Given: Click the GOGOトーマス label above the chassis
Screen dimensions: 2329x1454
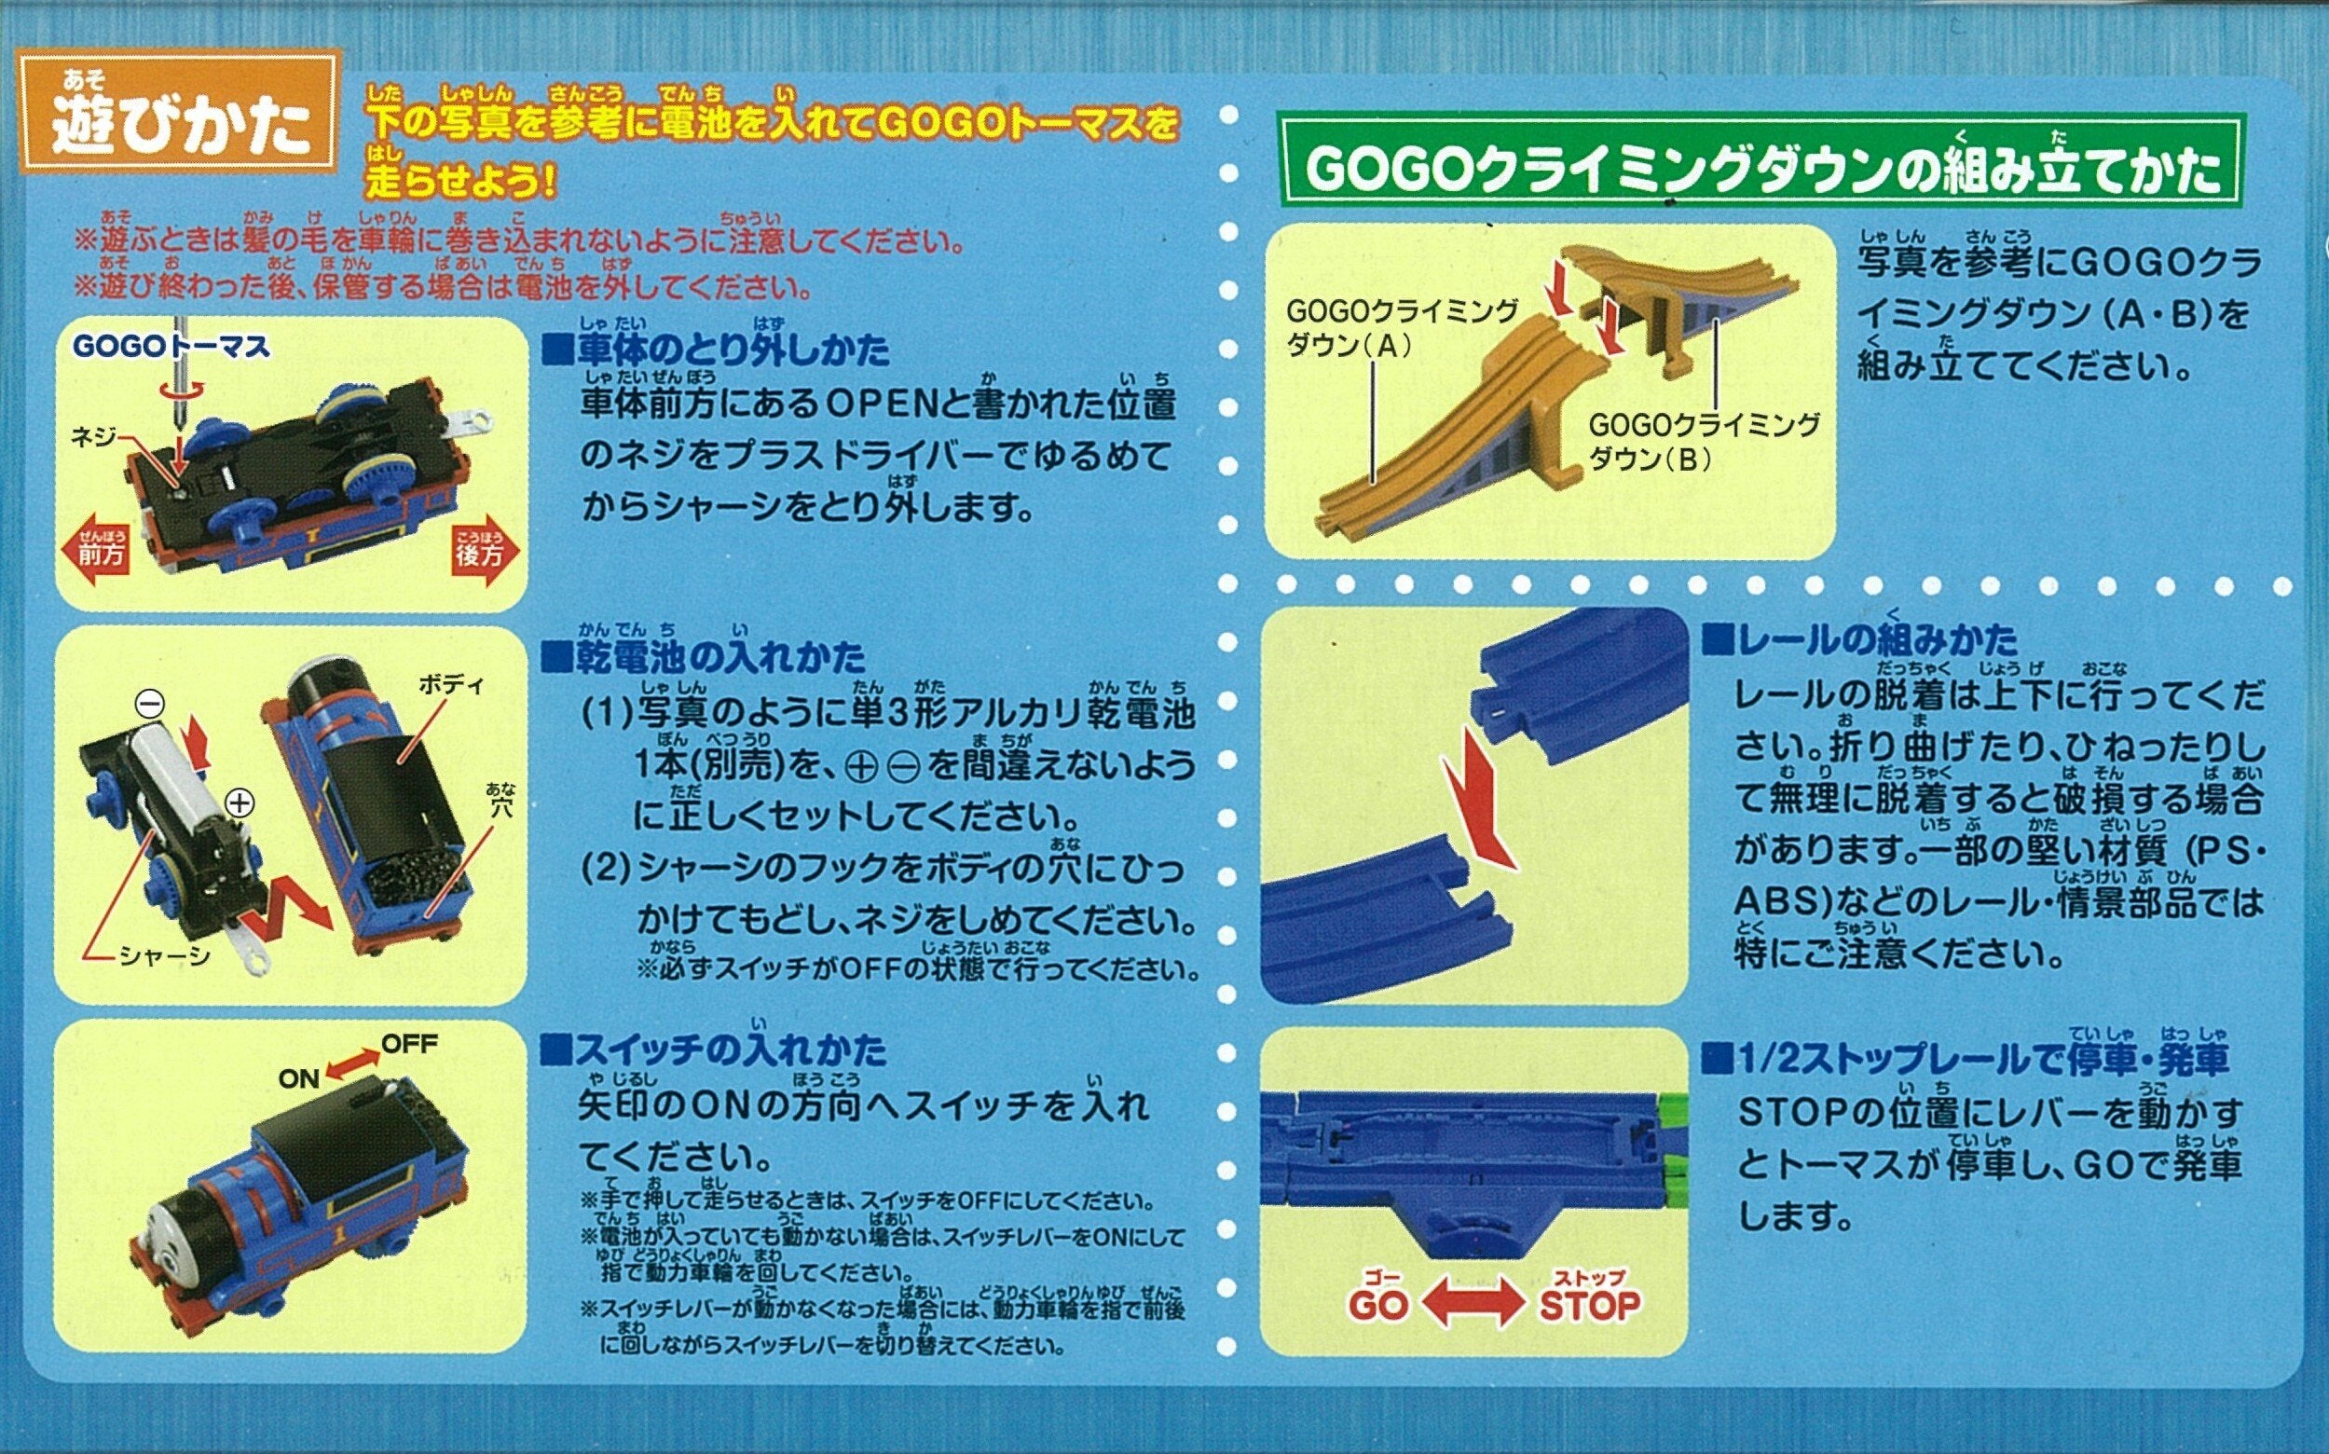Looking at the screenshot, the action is [x=173, y=346].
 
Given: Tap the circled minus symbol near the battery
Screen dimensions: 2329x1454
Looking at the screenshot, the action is [x=149, y=705].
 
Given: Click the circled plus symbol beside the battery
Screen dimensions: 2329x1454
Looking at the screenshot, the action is [x=240, y=802].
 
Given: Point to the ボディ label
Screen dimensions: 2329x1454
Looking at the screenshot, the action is [x=451, y=686].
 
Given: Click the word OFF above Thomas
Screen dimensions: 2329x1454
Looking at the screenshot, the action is [x=410, y=1043].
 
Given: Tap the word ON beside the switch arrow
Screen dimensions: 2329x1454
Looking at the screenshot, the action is [x=299, y=1079].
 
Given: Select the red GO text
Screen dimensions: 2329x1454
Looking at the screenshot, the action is [x=1378, y=1305].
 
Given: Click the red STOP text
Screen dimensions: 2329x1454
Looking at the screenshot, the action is [x=1589, y=1305].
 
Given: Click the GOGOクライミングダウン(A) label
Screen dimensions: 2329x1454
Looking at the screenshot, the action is [x=1402, y=328].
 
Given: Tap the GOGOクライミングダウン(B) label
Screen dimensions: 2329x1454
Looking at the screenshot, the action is [x=1704, y=442].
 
